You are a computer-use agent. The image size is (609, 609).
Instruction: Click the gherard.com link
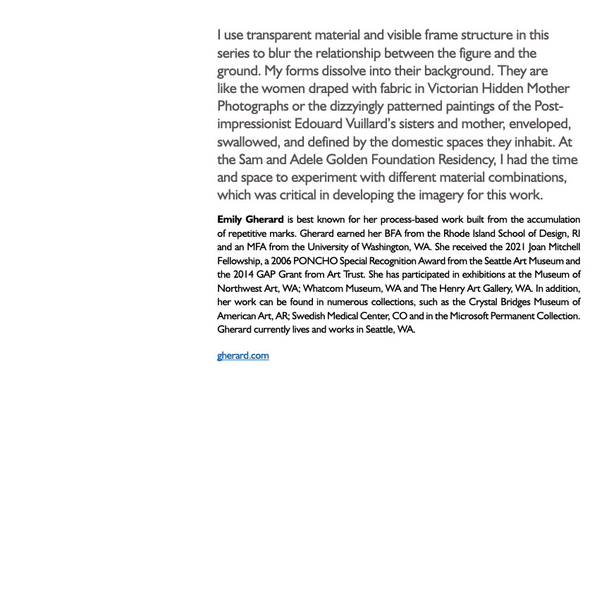(x=242, y=355)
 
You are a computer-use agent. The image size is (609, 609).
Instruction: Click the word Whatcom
(x=327, y=288)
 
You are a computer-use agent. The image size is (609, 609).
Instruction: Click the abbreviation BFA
(x=393, y=233)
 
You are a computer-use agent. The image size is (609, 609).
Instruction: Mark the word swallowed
(x=247, y=142)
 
